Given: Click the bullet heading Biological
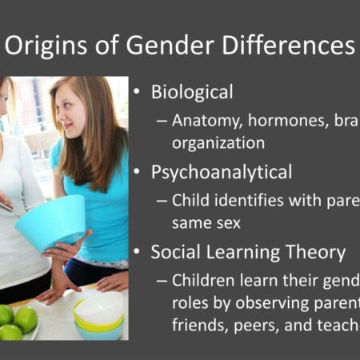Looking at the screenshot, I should tap(192, 92).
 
